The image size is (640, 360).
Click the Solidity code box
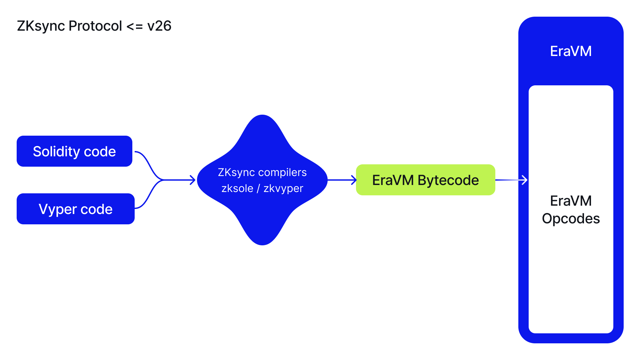click(74, 151)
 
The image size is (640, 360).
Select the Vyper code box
click(76, 209)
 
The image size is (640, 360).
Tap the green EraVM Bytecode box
click(425, 180)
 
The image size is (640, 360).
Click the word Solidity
click(56, 152)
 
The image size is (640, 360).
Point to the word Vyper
click(58, 210)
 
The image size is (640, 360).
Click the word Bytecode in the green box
click(448, 180)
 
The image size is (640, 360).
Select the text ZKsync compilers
click(262, 172)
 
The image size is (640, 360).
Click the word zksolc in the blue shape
click(237, 188)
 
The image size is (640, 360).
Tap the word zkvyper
click(283, 189)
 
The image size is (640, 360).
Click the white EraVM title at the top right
click(571, 51)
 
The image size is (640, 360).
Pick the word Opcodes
click(571, 219)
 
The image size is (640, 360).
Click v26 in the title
click(159, 26)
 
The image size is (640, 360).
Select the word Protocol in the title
click(95, 26)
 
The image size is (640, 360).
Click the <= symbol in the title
click(135, 26)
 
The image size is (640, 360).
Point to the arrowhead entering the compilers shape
click(193, 180)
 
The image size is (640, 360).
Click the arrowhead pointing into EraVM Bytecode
click(354, 180)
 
